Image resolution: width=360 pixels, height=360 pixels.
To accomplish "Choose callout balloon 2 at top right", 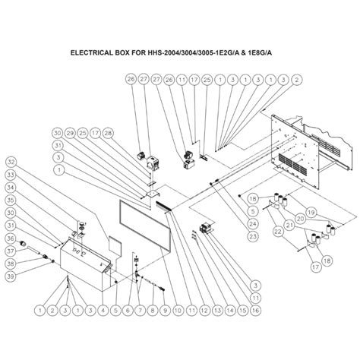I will tap(295, 79).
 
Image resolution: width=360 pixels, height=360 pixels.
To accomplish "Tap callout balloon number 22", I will tap(277, 229).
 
